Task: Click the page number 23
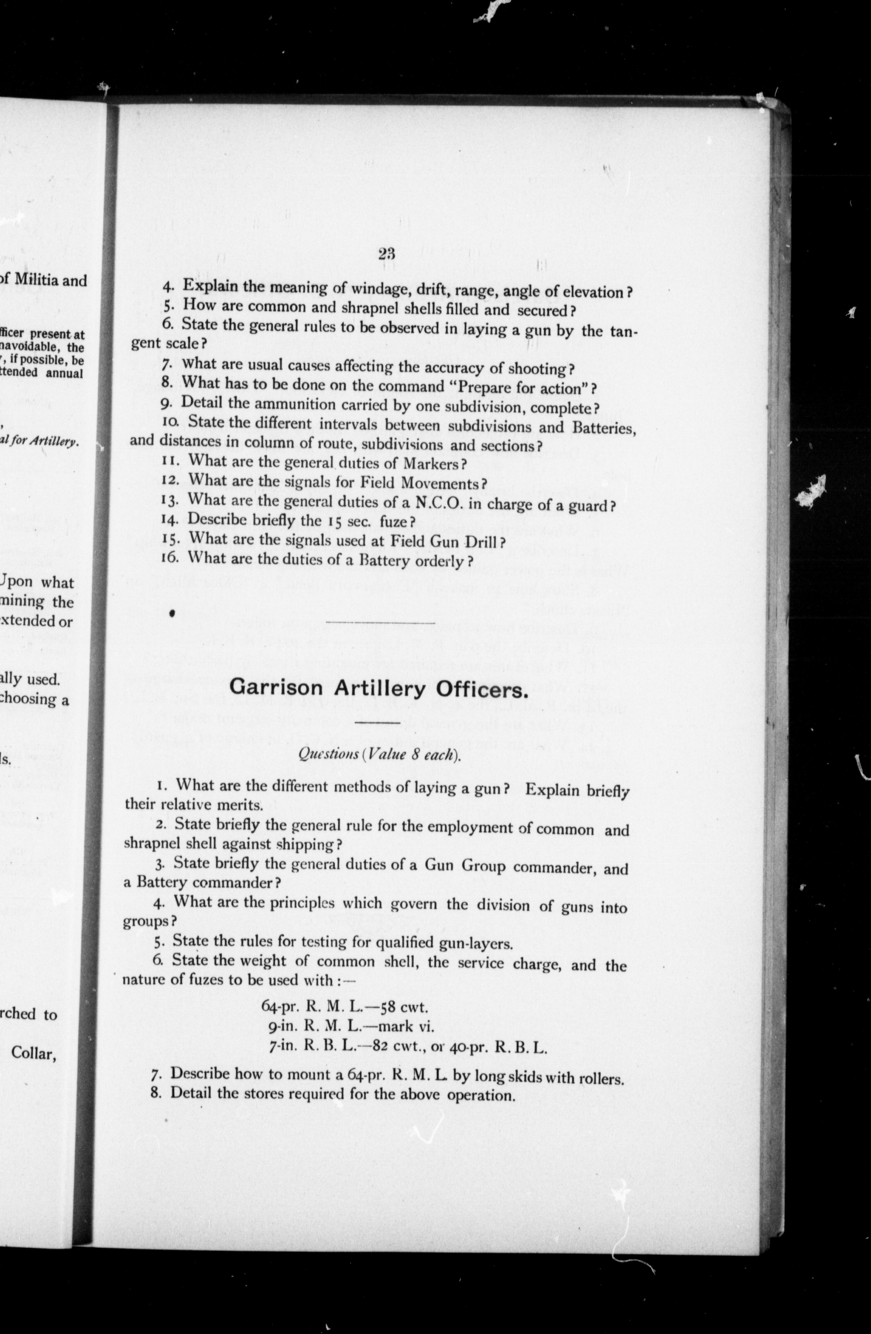tap(386, 253)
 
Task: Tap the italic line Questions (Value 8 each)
tap(379, 755)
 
